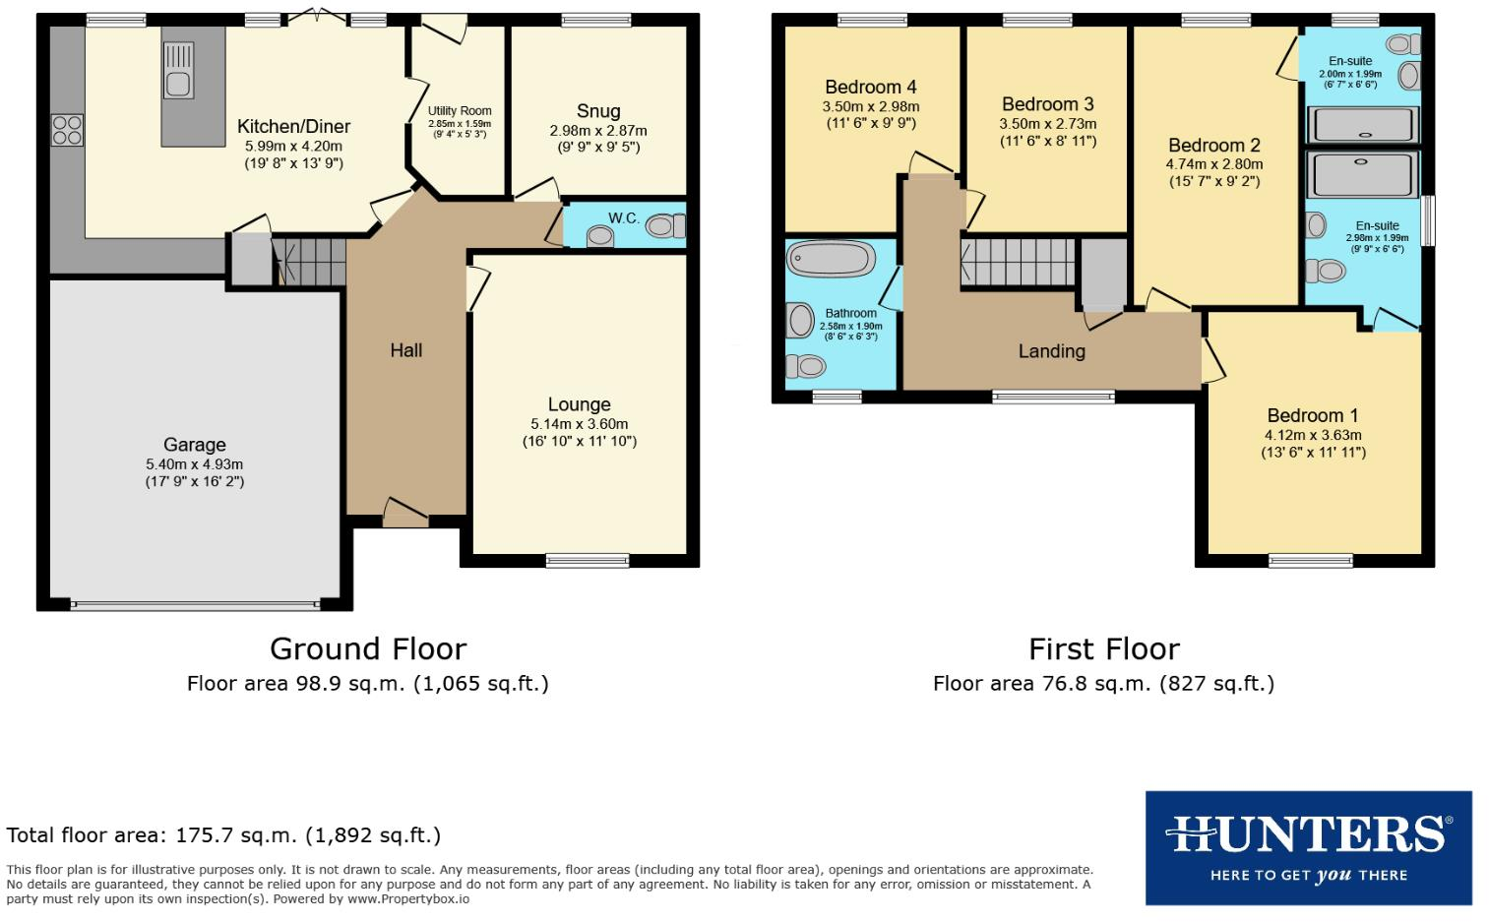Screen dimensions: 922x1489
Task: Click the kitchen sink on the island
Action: [178, 71]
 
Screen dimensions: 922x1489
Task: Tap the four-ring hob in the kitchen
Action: [67, 130]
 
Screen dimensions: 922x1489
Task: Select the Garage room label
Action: [195, 445]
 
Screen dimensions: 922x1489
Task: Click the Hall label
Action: [405, 350]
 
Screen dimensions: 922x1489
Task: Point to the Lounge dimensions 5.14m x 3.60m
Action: [579, 424]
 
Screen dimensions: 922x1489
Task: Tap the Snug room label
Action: [598, 111]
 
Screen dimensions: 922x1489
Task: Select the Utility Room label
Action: [460, 111]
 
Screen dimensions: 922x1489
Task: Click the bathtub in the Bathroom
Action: [832, 260]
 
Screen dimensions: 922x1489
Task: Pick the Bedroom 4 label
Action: [870, 88]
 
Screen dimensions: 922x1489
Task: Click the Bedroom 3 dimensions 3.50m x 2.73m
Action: [1047, 124]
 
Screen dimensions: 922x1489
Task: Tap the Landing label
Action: [1051, 351]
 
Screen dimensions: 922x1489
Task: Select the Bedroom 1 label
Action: [1313, 415]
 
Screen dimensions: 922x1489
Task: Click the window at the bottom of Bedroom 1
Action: [1310, 561]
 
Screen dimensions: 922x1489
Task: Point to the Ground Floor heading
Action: [368, 649]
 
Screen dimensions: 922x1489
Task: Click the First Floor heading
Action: [1103, 649]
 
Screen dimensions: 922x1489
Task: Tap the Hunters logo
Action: [1308, 847]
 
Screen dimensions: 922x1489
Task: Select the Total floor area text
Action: [223, 835]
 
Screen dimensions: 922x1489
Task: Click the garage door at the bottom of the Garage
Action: [195, 604]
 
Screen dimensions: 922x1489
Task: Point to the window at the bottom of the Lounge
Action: [573, 561]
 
